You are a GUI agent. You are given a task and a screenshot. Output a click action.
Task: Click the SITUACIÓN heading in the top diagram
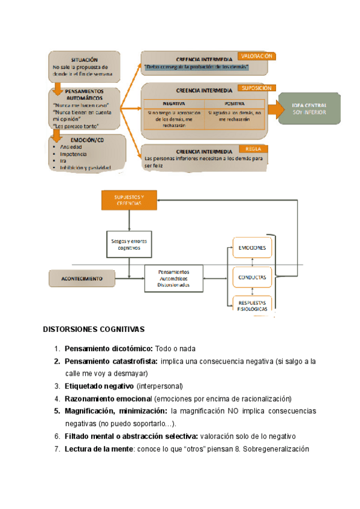(x=84, y=60)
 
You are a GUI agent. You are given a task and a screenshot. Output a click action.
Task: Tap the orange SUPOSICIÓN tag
(x=257, y=88)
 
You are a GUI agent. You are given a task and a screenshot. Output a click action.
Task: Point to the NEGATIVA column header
(x=173, y=103)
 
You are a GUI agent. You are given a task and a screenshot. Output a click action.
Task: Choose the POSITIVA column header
(x=235, y=103)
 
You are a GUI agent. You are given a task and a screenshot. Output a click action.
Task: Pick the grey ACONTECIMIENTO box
(x=82, y=279)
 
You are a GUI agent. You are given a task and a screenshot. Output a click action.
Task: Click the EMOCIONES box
(x=252, y=248)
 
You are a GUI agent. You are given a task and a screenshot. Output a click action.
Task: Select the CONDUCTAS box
(x=252, y=277)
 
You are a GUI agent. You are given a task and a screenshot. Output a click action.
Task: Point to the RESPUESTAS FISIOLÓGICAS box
(x=252, y=304)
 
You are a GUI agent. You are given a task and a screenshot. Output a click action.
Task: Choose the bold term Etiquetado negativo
(x=100, y=385)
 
